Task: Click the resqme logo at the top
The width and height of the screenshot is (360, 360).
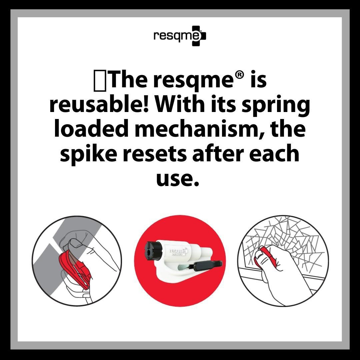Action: pos(180,36)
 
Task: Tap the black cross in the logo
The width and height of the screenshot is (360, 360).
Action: pos(199,36)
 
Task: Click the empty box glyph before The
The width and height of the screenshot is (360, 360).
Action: pos(100,80)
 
